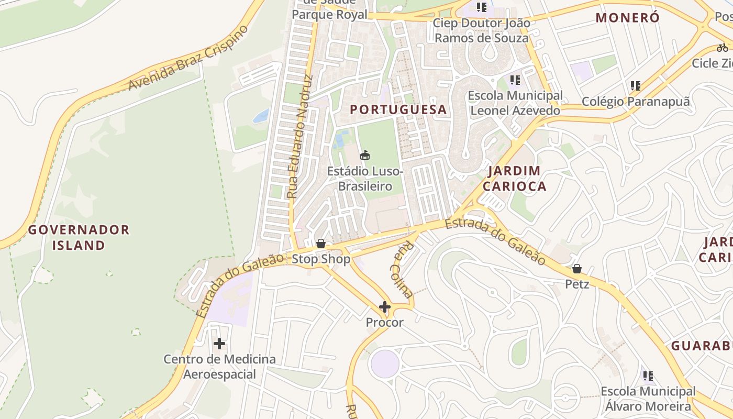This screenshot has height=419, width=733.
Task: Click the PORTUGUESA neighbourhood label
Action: coord(398,109)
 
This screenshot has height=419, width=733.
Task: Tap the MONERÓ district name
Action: coord(628,18)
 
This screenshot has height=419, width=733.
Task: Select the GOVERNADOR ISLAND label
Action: coord(79,237)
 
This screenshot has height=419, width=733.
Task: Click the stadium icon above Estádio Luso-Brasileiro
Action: coord(365,155)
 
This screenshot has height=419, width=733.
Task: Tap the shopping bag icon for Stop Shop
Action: coord(321,244)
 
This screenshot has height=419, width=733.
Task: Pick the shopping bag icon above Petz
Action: coord(576,269)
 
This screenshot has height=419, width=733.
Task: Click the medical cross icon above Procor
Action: coord(385,307)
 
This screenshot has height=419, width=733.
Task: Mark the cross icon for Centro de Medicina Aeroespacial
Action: coord(219,344)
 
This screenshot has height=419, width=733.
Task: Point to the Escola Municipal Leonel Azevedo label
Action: coord(515,103)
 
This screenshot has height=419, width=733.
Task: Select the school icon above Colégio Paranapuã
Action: coord(636,85)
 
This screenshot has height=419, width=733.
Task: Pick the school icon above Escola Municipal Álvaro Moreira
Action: coord(648,376)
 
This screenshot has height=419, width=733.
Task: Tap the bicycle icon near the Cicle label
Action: coord(723,48)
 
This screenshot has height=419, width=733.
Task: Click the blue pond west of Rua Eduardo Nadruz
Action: coord(261,116)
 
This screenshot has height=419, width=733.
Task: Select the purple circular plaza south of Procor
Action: coord(384,364)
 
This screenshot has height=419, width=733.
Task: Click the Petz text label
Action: coord(577,284)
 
